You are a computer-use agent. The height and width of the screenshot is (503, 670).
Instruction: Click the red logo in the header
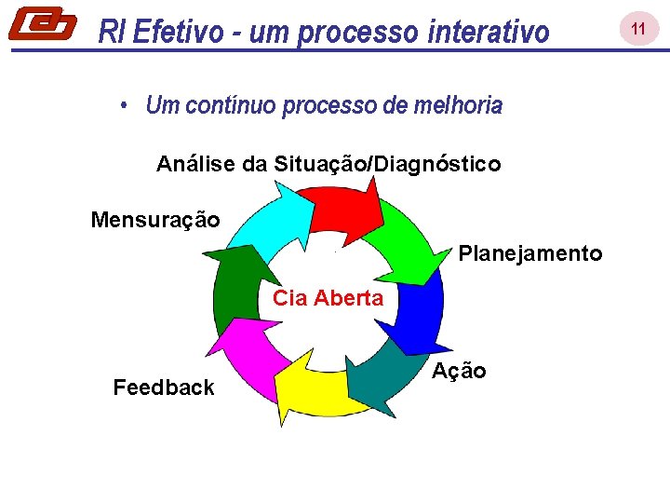[x=42, y=24]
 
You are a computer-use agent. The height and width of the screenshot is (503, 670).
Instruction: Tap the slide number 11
[x=638, y=30]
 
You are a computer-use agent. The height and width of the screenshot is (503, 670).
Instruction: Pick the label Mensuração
[x=155, y=221]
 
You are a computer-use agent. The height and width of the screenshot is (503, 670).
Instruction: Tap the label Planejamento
[x=530, y=253]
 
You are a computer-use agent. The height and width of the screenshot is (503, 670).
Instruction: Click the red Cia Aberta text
[x=328, y=298]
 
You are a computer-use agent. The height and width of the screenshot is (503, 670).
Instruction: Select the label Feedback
[x=164, y=387]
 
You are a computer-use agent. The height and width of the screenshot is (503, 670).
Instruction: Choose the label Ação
[x=459, y=371]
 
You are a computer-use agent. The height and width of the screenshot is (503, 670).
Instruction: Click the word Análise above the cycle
[x=197, y=165]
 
